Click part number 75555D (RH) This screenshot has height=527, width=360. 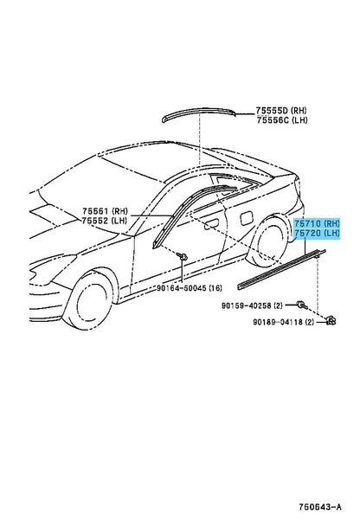point(281,110)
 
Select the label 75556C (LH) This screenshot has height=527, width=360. point(282,120)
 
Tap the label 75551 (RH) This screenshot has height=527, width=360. point(106,211)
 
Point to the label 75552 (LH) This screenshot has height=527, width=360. point(105,221)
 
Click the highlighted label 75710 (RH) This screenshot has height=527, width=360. point(317,223)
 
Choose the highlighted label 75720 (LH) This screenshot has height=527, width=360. point(317,233)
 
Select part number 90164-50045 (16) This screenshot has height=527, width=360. point(190,288)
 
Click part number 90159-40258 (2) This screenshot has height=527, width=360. point(252,305)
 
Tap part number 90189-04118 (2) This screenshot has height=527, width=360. point(283,322)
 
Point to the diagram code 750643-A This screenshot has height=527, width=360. point(320,507)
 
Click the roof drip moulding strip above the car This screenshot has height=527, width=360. point(198,113)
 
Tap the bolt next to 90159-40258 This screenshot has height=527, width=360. point(301,305)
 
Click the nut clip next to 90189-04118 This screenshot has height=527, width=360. point(331,321)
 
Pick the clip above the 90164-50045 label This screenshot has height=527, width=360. point(182,257)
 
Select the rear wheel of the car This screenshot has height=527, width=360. point(269,241)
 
